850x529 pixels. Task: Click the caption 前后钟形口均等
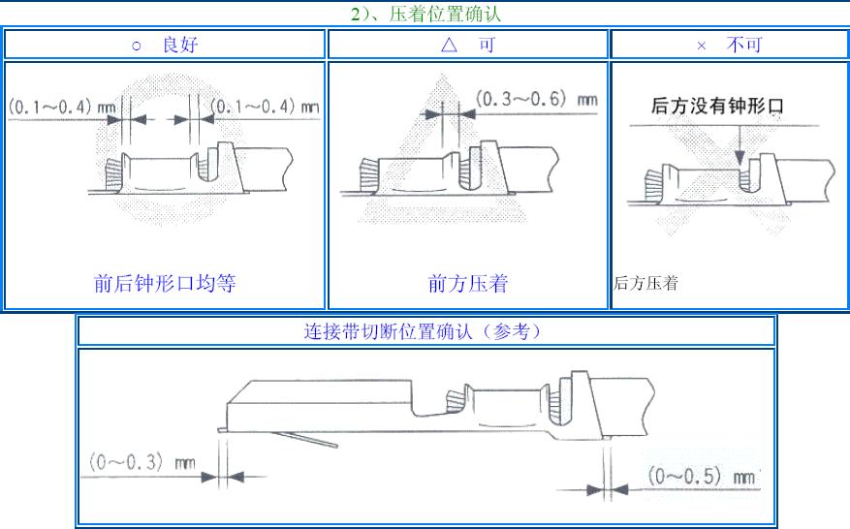[x=165, y=284]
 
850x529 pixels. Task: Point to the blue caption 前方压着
[x=468, y=284]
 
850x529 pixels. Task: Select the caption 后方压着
[x=645, y=284]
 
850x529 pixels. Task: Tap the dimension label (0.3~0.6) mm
[x=536, y=99]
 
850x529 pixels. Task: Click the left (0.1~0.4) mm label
[x=57, y=106]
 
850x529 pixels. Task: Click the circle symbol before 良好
[x=136, y=46]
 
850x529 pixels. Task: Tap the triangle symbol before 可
[x=448, y=45]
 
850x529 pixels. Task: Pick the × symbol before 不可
[x=701, y=46]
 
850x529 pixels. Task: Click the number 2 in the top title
[x=354, y=15]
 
